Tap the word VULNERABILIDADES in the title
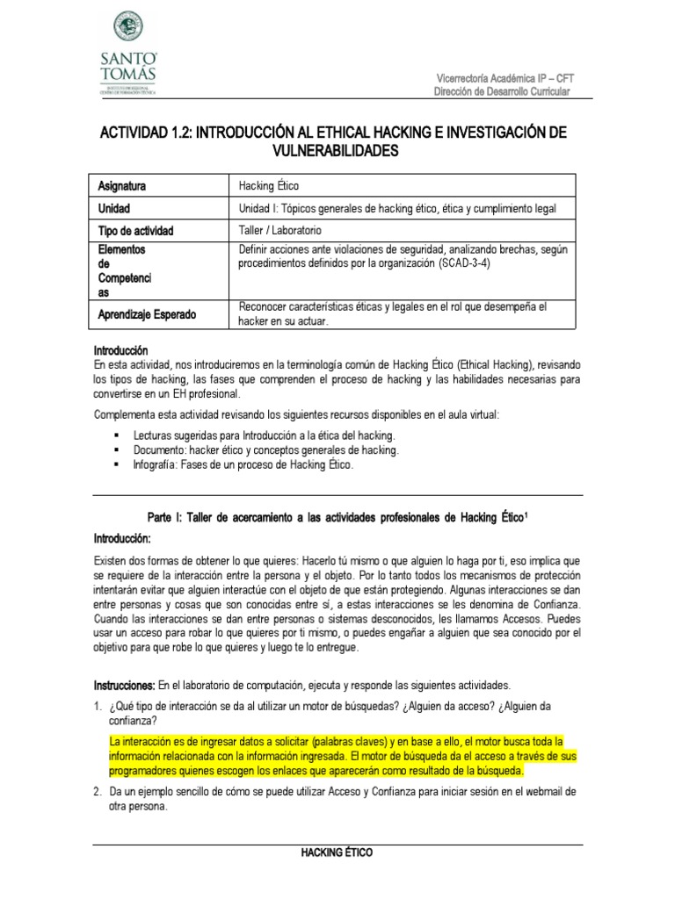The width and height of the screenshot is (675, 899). tap(337, 151)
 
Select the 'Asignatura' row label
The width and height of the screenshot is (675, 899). tap(122, 186)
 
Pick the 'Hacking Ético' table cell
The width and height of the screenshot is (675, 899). tap(269, 186)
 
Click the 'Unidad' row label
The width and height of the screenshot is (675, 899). tap(114, 209)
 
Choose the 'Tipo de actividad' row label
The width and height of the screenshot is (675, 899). tap(135, 231)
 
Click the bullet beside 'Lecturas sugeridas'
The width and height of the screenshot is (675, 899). tap(115, 436)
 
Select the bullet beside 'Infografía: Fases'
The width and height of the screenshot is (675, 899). tap(115, 465)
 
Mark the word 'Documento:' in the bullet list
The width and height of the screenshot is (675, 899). tap(158, 450)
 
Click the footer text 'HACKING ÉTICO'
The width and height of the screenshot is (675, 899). tap(337, 852)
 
